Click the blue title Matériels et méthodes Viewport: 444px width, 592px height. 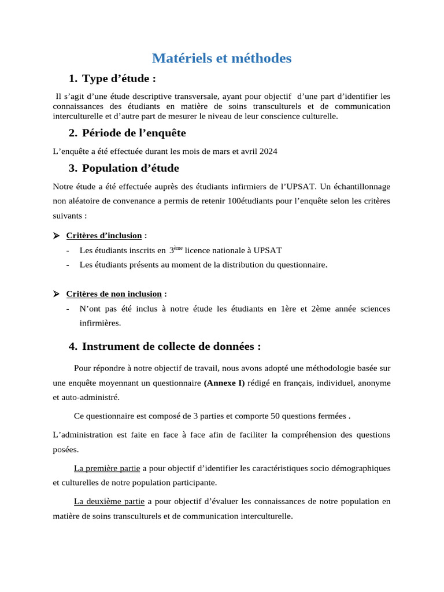point(221,58)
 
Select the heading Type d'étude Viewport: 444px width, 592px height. point(119,79)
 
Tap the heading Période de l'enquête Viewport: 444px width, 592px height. point(134,133)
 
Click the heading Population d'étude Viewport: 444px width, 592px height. point(130,168)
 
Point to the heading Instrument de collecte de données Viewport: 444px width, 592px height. point(171,346)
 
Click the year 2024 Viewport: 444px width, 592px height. point(268,151)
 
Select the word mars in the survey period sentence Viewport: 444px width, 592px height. point(220,151)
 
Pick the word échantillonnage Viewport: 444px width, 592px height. point(362,187)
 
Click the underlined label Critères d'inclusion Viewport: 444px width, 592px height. point(104,235)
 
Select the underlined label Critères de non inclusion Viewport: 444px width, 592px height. point(114,294)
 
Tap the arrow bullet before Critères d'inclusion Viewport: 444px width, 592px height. point(56,235)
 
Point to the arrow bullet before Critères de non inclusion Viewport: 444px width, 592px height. point(56,294)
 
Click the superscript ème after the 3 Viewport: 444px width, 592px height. point(178,248)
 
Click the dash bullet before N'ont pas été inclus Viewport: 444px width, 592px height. point(68,309)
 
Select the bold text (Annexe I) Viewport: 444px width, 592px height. point(224,383)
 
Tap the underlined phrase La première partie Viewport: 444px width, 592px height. point(107,468)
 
